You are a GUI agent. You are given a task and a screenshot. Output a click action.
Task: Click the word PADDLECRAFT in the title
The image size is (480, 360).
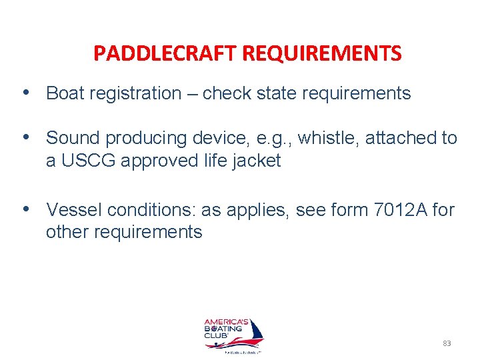pyautogui.click(x=165, y=53)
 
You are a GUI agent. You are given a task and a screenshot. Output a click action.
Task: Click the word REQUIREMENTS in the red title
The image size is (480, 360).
pyautogui.click(x=322, y=53)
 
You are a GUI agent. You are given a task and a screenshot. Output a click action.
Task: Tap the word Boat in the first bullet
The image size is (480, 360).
pyautogui.click(x=66, y=93)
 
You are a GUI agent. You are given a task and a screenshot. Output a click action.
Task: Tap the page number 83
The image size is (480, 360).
pyautogui.click(x=447, y=343)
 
